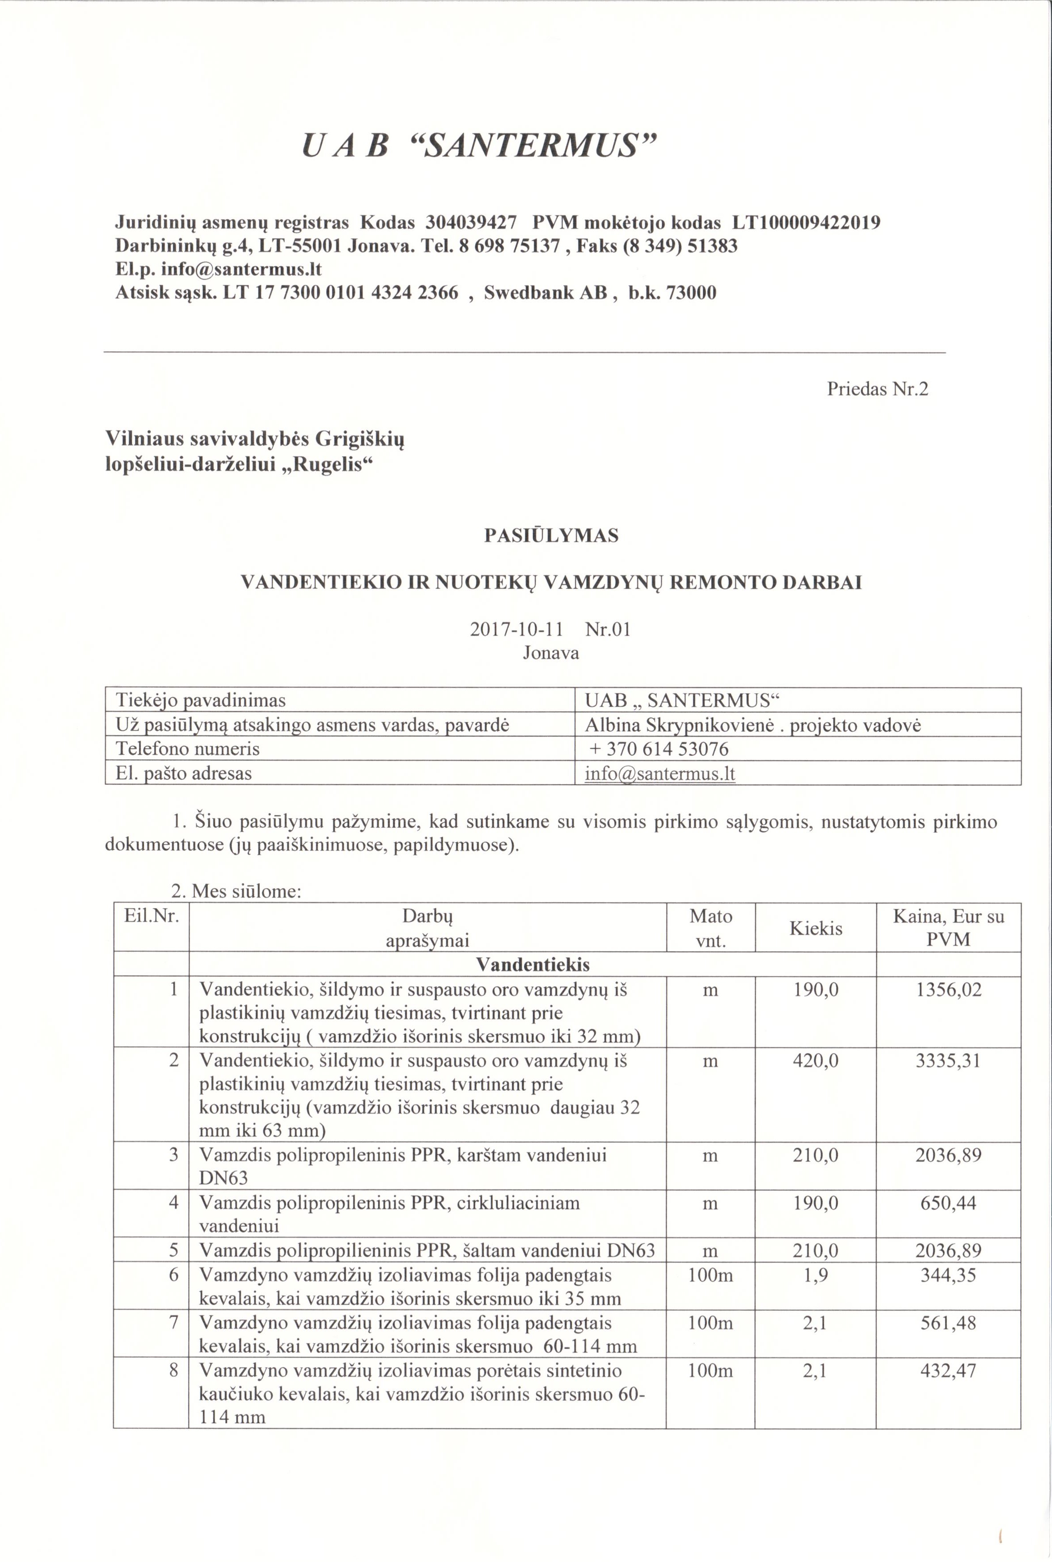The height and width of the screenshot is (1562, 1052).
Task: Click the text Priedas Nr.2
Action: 877,389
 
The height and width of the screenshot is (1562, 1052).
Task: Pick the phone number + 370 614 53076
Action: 658,749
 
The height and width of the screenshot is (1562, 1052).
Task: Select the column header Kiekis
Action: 815,929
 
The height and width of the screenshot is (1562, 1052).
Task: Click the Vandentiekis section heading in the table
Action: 533,965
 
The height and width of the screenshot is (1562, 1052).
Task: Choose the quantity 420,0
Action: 815,1061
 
